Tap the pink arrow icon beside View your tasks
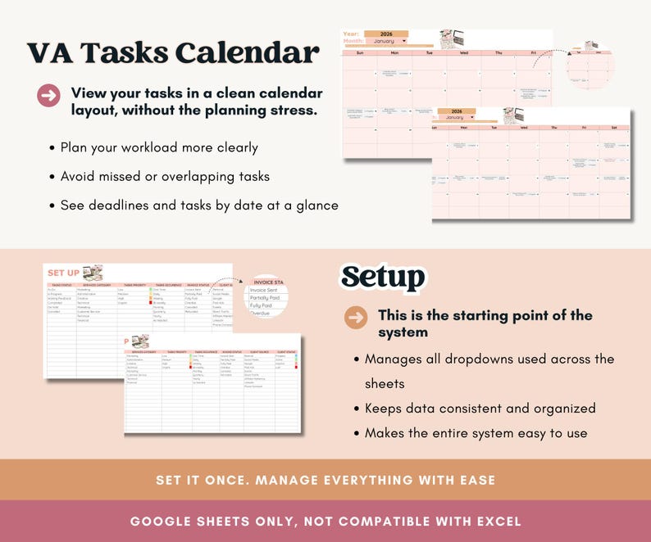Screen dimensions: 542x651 point(49,96)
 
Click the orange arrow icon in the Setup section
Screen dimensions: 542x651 point(356,317)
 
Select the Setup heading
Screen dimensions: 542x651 point(383,278)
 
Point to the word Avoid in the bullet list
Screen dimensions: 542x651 point(79,176)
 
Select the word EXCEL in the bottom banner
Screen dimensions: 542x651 point(495,521)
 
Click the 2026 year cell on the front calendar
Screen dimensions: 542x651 point(456,111)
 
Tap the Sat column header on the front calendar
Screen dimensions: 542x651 point(614,128)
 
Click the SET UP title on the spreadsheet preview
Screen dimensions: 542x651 point(63,273)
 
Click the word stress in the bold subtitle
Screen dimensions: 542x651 point(292,110)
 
